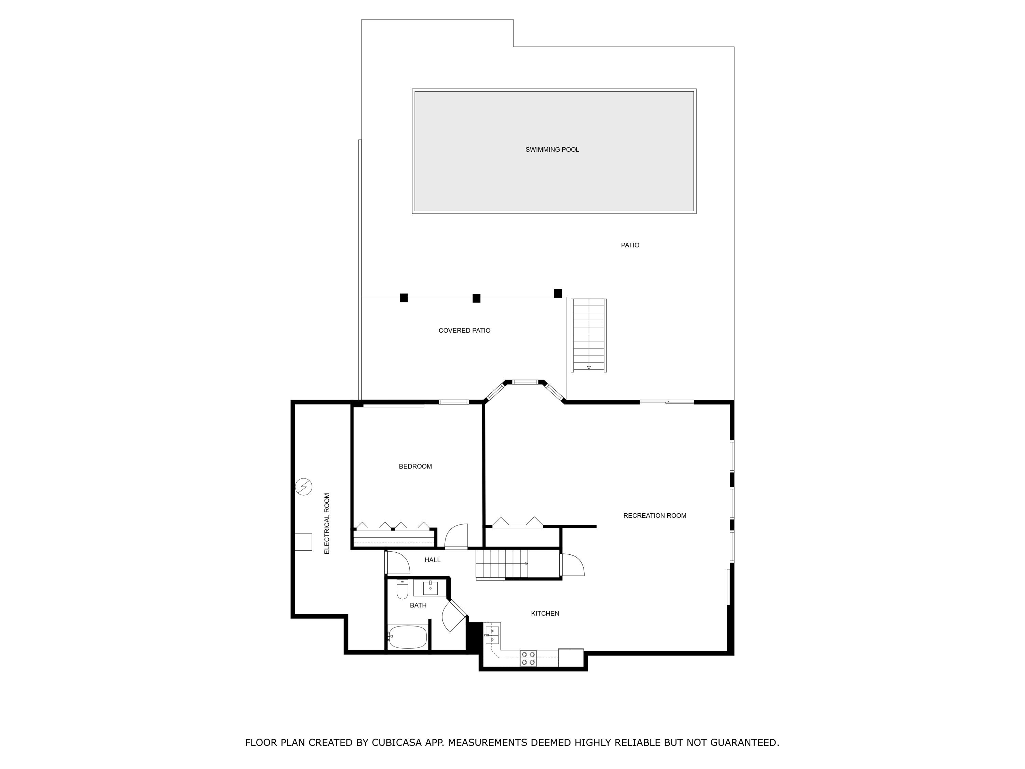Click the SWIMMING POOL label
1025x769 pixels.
552,150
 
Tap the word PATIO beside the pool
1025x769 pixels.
630,245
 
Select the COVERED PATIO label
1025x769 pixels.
464,330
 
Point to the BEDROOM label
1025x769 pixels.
415,466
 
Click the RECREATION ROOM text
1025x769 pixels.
654,515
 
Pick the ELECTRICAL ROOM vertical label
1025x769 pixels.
327,523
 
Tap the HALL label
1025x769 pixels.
432,560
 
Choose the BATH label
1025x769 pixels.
418,605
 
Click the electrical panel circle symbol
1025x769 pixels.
304,487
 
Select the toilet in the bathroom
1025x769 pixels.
402,590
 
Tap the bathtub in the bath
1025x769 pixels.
407,637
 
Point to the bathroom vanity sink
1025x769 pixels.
430,588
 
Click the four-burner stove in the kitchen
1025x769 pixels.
528,658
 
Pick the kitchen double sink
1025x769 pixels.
492,635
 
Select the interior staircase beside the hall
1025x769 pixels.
502,564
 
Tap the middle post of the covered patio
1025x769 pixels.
476,298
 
